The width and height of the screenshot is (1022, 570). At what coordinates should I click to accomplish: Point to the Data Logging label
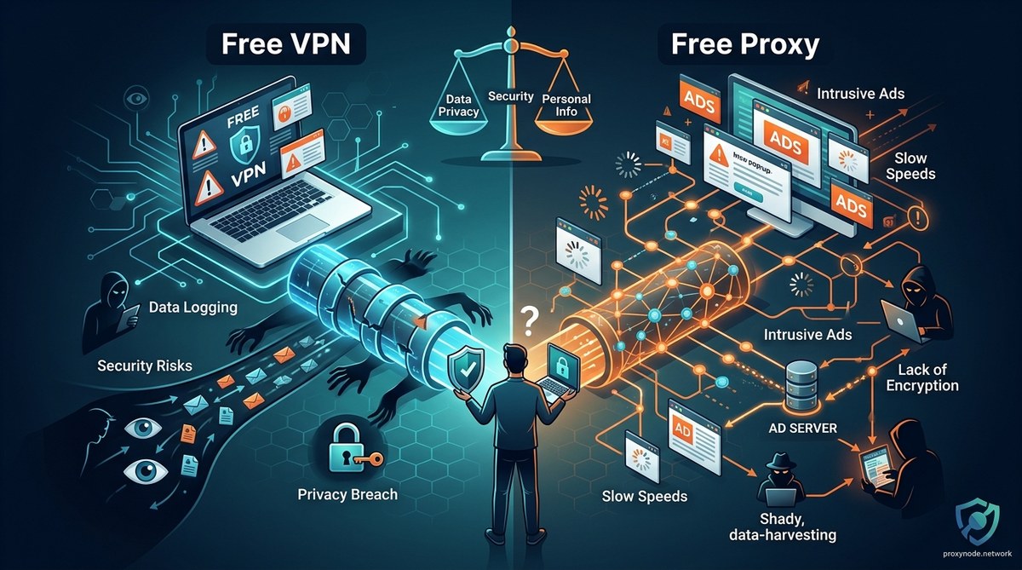click(193, 307)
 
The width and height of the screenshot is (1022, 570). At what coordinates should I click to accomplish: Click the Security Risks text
click(145, 366)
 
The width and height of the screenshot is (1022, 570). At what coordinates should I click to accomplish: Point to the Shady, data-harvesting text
click(782, 526)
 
